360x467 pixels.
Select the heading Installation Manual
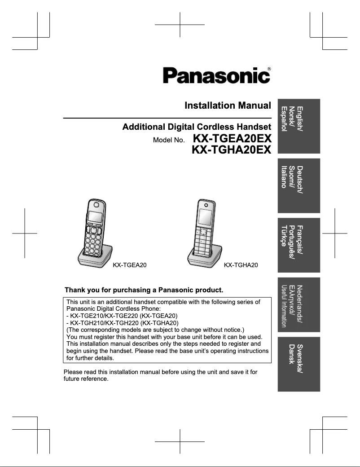coord(228,106)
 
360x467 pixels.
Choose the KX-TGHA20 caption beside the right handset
coord(241,265)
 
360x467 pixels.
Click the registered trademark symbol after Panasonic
coord(269,69)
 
